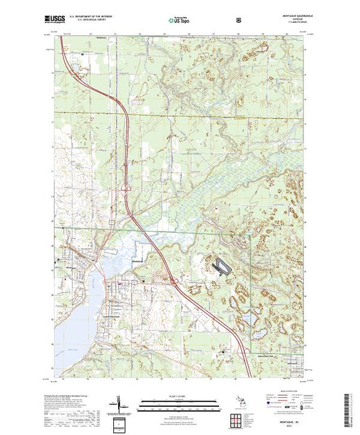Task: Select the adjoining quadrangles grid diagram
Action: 239,420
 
